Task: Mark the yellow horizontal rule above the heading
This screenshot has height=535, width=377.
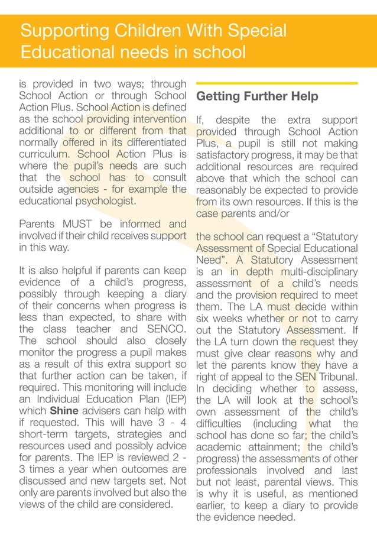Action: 277,83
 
